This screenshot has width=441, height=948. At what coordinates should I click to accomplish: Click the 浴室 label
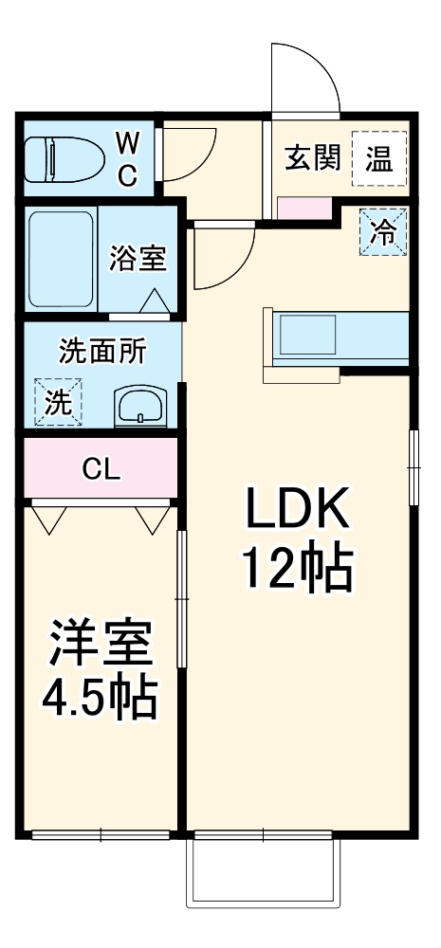tap(138, 258)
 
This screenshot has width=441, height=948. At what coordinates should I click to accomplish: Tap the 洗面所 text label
tap(102, 352)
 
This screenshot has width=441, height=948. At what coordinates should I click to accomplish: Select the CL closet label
tap(101, 468)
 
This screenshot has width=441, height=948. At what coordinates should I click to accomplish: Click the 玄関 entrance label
tap(312, 158)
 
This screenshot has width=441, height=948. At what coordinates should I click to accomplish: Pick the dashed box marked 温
tap(379, 158)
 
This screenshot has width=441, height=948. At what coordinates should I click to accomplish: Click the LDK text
tap(298, 513)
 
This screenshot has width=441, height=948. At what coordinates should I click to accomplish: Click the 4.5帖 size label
tap(100, 700)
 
